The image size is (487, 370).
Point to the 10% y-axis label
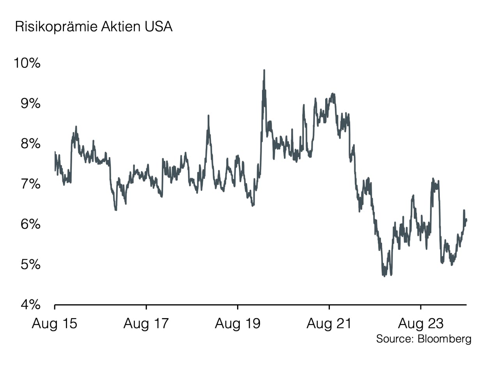pos(27,63)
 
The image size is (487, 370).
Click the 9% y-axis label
pos(30,103)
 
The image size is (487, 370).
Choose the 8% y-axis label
pos(30,143)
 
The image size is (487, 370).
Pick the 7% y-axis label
pos(30,184)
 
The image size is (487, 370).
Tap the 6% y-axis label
pos(30,224)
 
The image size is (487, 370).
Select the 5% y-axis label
pos(30,264)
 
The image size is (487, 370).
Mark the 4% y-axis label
pos(30,304)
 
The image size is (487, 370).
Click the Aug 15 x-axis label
pos(54,324)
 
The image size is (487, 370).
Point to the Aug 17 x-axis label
pos(146,324)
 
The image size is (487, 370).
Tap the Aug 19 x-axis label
pos(237,324)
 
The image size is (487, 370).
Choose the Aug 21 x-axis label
pos(329,324)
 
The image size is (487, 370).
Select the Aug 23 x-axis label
pos(421,324)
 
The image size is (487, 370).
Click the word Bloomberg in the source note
pos(444,338)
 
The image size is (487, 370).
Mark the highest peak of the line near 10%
pos(264,70)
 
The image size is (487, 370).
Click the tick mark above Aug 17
pos(146,307)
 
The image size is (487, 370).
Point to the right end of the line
pos(466,220)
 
